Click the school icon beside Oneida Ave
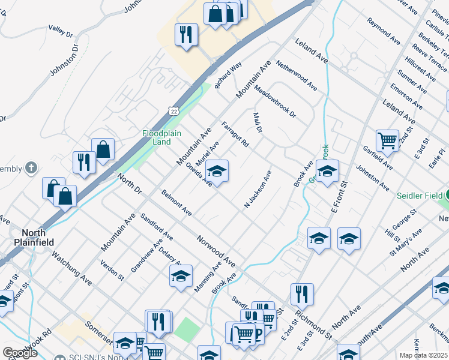[x=217, y=170]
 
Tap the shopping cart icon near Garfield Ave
[x=388, y=140]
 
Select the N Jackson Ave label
[x=258, y=190]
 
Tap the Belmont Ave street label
[x=176, y=203]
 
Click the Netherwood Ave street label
[x=297, y=75]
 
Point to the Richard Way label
[x=228, y=74]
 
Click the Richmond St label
[x=314, y=323]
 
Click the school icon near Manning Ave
[x=181, y=275]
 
